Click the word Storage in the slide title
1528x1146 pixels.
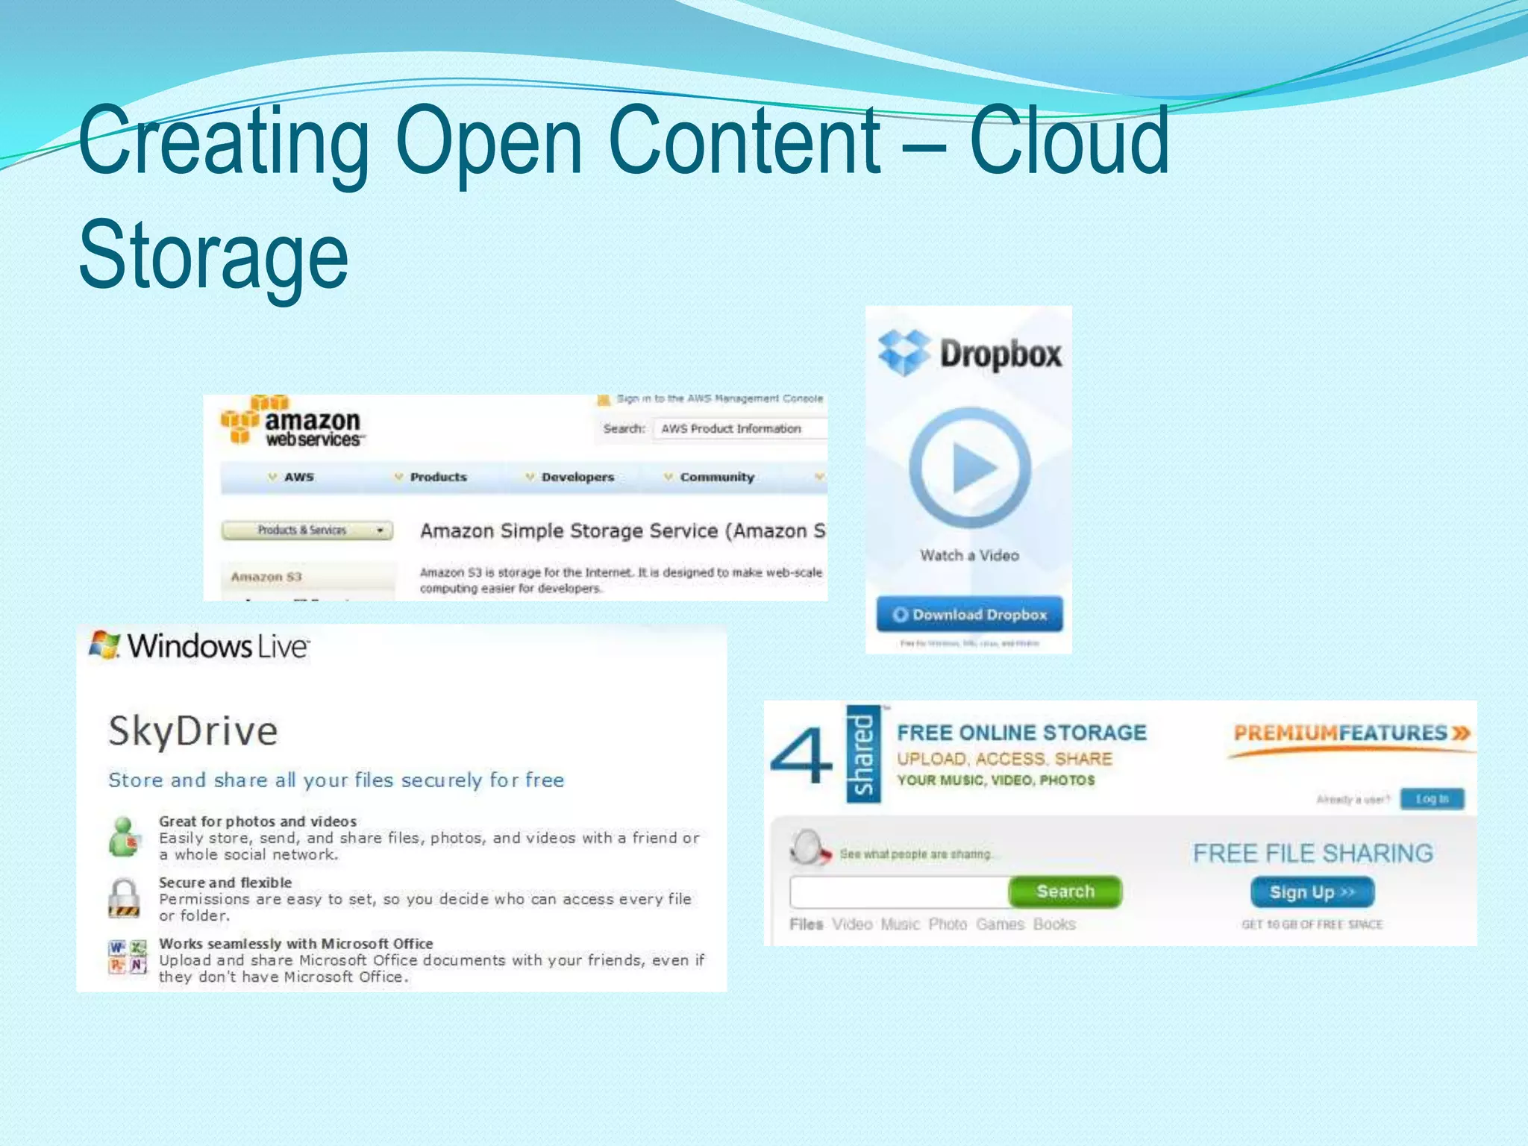click(213, 255)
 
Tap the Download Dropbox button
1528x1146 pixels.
click(969, 614)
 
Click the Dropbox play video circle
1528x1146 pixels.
click(970, 468)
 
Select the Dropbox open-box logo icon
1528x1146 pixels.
click(904, 352)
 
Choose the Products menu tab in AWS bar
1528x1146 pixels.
click(437, 477)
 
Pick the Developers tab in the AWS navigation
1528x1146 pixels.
click(577, 477)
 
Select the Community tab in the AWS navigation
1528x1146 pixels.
click(716, 477)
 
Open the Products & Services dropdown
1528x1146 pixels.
click(307, 530)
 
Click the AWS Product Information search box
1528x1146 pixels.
click(739, 429)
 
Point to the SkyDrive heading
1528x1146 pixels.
click(192, 730)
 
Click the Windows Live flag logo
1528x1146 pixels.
click(104, 645)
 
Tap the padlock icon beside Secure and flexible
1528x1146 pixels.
click(124, 897)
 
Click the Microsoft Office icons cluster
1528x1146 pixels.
click(128, 957)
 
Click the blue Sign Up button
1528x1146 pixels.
click(1312, 892)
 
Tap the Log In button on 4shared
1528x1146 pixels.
click(1432, 799)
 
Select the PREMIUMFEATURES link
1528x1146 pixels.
click(1351, 733)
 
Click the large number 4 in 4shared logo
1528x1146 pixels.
click(800, 756)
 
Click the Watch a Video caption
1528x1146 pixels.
click(969, 555)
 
